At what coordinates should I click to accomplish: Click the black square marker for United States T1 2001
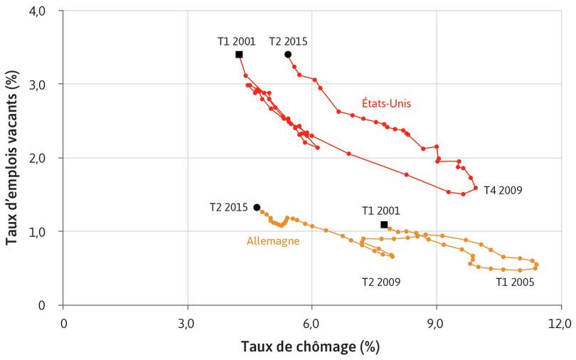239,55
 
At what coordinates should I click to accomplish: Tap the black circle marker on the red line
288,55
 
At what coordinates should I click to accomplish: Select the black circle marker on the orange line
257,207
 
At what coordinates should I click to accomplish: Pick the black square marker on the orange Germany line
384,225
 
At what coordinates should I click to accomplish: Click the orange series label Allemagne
272,241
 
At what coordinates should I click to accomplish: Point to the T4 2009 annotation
503,190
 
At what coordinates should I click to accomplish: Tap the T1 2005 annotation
515,282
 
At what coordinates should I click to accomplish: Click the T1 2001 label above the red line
236,41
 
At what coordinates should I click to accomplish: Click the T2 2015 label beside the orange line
228,208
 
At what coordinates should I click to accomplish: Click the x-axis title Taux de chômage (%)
311,346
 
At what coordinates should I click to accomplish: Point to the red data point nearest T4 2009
476,189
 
